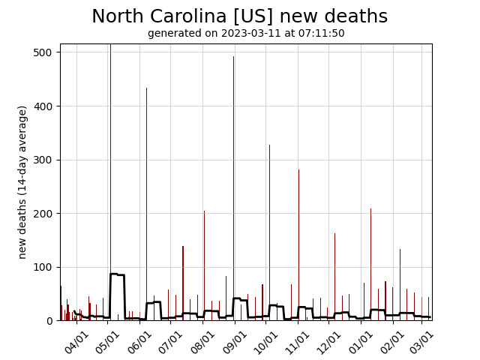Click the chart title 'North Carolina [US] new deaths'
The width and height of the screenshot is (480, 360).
[239, 16]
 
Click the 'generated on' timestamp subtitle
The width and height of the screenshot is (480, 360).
[246, 34]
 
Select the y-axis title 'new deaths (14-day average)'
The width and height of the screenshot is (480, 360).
[22, 182]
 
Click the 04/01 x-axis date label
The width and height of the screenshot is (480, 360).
[76, 341]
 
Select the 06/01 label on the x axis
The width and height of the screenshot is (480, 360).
[140, 341]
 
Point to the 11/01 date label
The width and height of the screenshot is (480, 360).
[298, 341]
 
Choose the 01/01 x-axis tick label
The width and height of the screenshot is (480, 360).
[361, 341]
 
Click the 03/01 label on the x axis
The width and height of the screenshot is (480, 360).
[421, 341]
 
